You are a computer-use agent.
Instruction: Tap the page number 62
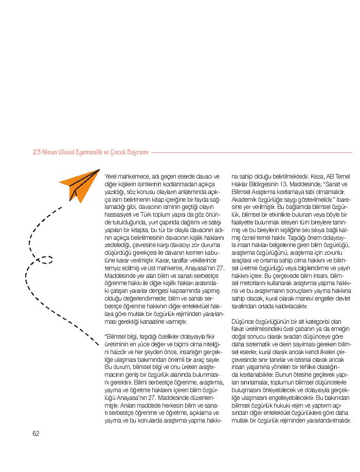[x=36, y=433]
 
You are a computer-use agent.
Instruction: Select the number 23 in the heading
[x=36, y=152]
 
